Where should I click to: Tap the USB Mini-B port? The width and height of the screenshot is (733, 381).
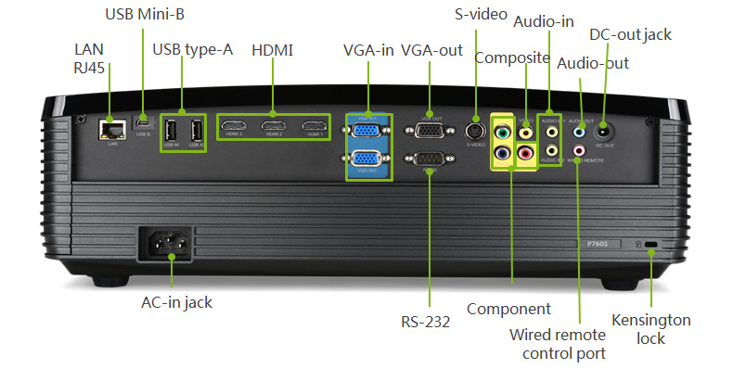[143, 121]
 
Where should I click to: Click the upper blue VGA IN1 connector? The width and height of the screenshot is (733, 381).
[368, 130]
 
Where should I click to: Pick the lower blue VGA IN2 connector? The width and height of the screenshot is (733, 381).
[368, 160]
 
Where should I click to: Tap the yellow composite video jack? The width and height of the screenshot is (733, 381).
[526, 133]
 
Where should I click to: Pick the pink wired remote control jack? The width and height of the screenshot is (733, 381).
[581, 149]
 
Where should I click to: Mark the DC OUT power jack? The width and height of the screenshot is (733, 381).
[605, 129]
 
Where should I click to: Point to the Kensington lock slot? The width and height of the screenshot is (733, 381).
[652, 246]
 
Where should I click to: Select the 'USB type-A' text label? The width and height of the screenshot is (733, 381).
[192, 49]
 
